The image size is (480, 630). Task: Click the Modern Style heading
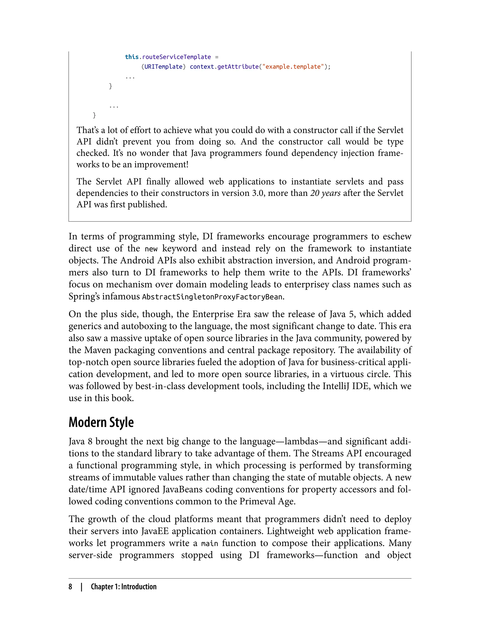tap(101, 422)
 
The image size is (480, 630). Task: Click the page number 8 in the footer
tap(70, 587)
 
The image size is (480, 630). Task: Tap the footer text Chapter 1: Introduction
tap(124, 587)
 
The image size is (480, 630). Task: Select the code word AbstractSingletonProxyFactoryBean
tap(213, 297)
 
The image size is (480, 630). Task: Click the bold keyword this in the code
tap(132, 57)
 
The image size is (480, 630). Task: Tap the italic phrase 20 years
tap(325, 193)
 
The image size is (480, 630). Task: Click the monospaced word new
tap(151, 249)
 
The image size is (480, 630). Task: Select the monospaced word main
tap(210, 543)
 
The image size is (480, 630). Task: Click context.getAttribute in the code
tap(224, 67)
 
